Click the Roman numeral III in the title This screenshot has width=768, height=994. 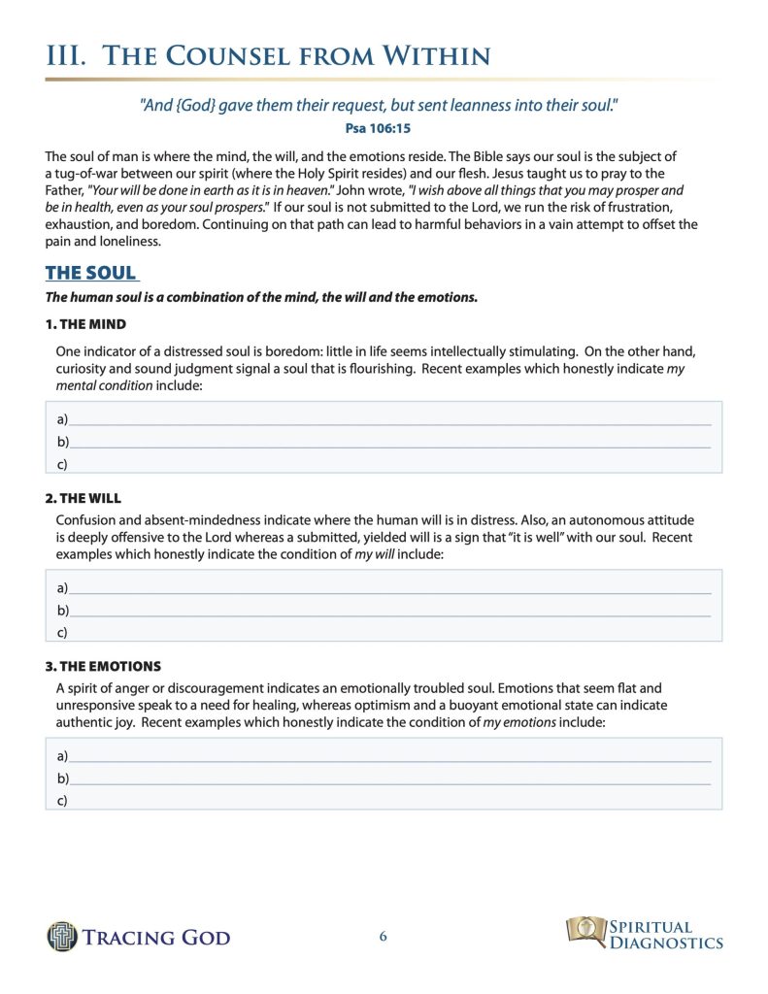pyautogui.click(x=67, y=55)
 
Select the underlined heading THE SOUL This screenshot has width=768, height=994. pyautogui.click(x=91, y=273)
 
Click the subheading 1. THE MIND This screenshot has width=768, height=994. pyautogui.click(x=85, y=323)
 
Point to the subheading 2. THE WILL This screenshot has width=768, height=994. pyautogui.click(x=83, y=498)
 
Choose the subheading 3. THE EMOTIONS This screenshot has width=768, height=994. pyautogui.click(x=103, y=667)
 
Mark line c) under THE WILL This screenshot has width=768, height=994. pyautogui.click(x=388, y=632)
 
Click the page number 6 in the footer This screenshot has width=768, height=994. pyautogui.click(x=384, y=937)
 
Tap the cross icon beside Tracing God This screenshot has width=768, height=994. pyautogui.click(x=61, y=936)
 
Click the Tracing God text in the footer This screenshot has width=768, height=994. pyautogui.click(x=156, y=937)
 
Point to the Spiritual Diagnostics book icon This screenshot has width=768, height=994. pyautogui.click(x=585, y=930)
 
